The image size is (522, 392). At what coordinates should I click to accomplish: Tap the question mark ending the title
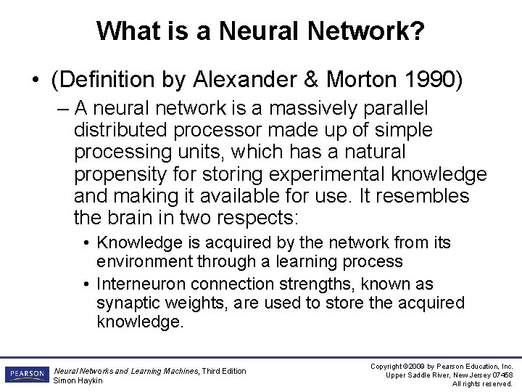tap(418, 31)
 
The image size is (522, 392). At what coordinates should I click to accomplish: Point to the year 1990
tap(428, 79)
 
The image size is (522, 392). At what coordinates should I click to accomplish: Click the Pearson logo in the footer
tap(26, 375)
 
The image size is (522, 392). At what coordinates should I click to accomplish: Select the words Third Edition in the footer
tap(224, 371)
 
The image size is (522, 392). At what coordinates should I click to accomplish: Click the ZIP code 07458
tap(500, 375)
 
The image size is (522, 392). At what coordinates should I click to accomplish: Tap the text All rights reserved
tap(482, 384)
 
